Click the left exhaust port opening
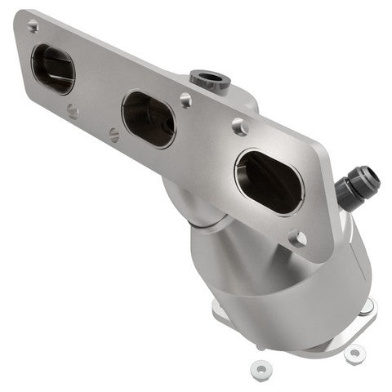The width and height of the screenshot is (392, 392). click(53, 69)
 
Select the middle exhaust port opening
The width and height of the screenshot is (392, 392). click(149, 119)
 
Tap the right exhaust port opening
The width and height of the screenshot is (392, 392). click(268, 180)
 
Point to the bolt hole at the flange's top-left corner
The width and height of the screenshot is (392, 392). click(33, 26)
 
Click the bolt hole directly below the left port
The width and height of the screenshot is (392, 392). click(73, 113)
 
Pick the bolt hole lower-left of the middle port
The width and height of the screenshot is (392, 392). click(114, 134)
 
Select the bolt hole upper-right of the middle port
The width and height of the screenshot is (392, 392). click(186, 100)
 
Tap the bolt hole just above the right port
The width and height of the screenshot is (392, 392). click(239, 126)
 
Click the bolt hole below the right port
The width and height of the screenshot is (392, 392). click(298, 238)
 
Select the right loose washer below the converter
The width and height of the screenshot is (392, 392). click(354, 354)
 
